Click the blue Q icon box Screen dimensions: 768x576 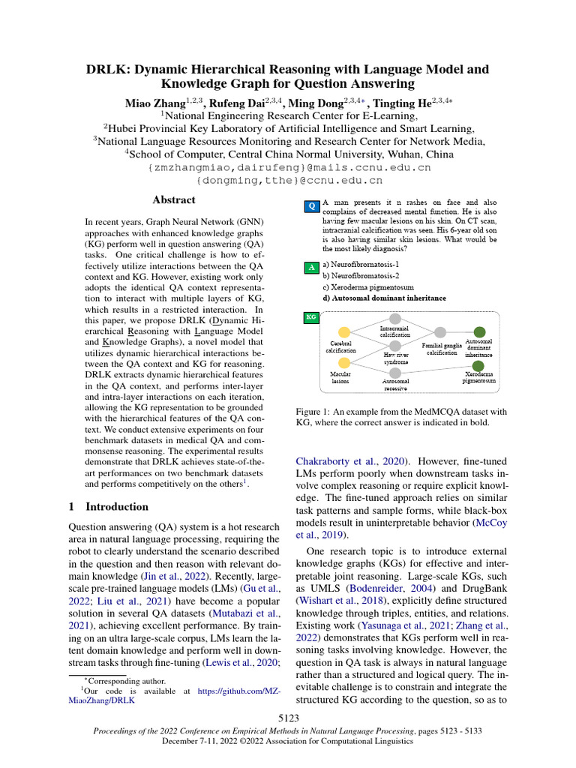[312, 205]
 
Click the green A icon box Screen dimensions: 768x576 [312, 267]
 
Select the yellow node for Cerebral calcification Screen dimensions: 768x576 [344, 333]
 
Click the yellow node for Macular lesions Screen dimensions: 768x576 [344, 362]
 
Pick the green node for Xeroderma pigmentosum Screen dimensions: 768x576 [480, 362]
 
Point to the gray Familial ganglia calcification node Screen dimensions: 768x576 [441, 332]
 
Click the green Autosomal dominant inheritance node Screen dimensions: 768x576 [480, 332]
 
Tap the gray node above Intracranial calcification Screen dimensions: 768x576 [395, 319]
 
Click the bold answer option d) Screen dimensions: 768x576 [384, 298]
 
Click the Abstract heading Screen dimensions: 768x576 [174, 200]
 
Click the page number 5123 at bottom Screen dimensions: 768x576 [288, 718]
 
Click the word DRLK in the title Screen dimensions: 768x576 [109, 70]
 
